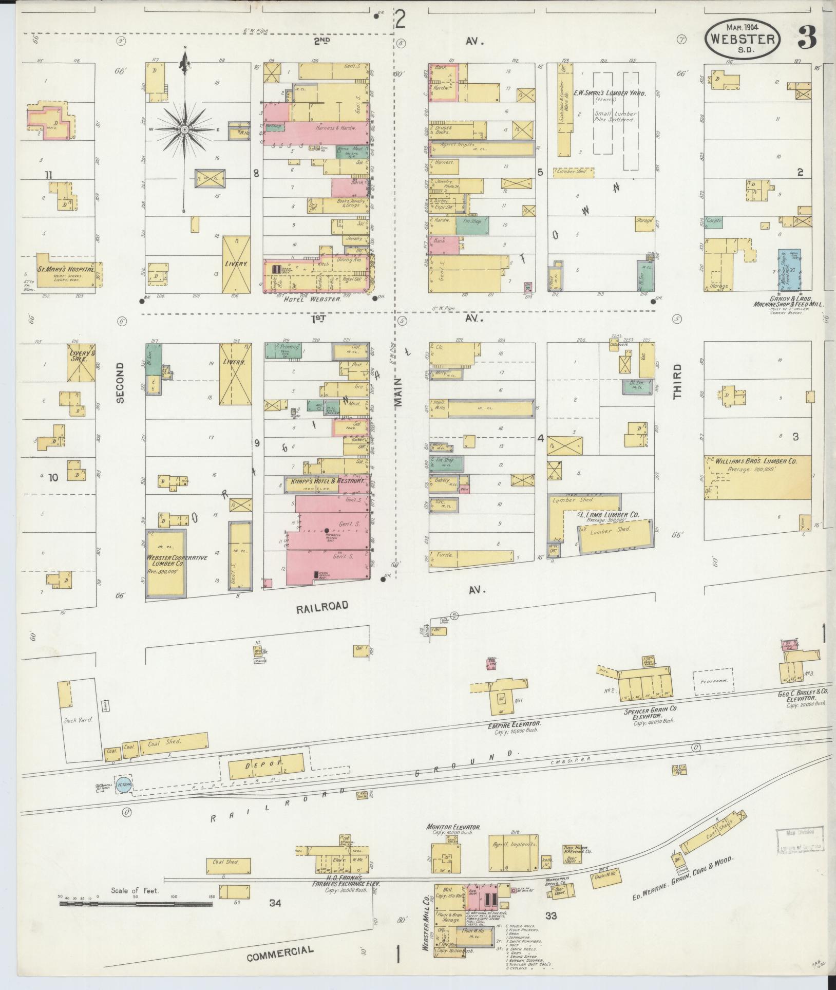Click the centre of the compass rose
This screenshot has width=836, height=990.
[x=184, y=129]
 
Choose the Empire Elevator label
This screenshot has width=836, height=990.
[x=515, y=724]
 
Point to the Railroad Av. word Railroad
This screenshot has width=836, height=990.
[x=322, y=607]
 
